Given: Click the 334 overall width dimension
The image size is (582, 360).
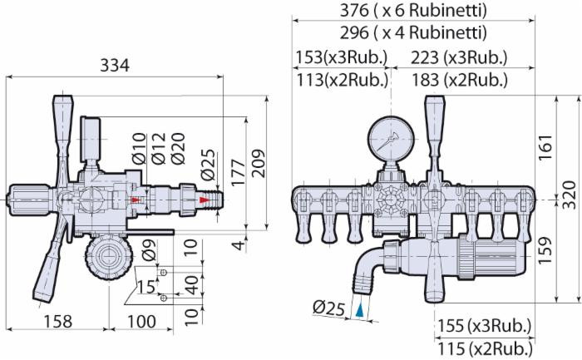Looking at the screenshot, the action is pyautogui.click(x=115, y=66).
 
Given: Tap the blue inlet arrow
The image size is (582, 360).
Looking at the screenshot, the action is pyautogui.click(x=360, y=310).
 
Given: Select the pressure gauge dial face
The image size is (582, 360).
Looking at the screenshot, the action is pyautogui.click(x=391, y=138).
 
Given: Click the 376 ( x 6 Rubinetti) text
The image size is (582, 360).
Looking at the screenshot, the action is pyautogui.click(x=413, y=10).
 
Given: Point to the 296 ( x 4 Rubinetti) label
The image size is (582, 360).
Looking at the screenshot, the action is pyautogui.click(x=413, y=32).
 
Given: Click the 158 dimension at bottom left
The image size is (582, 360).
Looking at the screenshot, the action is pyautogui.click(x=58, y=322).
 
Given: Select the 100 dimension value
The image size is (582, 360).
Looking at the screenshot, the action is pyautogui.click(x=142, y=322).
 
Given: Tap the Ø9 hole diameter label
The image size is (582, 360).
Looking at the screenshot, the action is pyautogui.click(x=149, y=249).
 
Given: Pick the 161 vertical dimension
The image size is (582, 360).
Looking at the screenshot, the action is pyautogui.click(x=545, y=147).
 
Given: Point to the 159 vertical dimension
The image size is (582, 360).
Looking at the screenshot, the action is pyautogui.click(x=545, y=250).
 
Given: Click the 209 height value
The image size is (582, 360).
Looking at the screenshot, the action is pyautogui.click(x=258, y=163).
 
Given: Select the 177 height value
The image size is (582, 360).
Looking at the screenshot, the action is pyautogui.click(x=238, y=172).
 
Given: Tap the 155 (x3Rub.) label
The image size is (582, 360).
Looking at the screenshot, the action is pyautogui.click(x=485, y=326).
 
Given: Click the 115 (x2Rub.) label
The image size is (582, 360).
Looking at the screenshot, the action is pyautogui.click(x=485, y=349).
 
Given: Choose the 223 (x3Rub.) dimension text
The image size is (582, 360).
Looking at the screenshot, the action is pyautogui.click(x=459, y=57).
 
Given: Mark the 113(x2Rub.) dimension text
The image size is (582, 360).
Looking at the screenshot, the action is pyautogui.click(x=343, y=80).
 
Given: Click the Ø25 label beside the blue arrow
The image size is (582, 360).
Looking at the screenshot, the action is pyautogui.click(x=329, y=308).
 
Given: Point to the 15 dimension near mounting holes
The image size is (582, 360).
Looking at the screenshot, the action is pyautogui.click(x=145, y=287).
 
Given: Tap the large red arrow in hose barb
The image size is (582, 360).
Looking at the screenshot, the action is pyautogui.click(x=205, y=200).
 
